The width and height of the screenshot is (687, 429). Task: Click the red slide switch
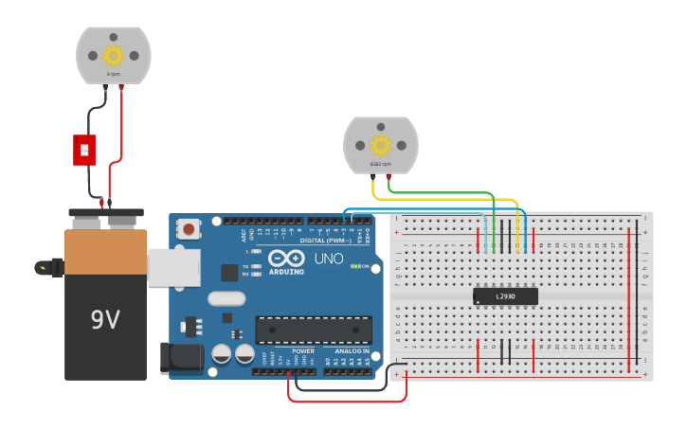coord(84,149)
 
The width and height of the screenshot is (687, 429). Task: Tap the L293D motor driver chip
coord(505,296)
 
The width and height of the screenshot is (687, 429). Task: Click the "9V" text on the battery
coord(105,320)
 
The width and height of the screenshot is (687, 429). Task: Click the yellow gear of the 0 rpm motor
coord(114,54)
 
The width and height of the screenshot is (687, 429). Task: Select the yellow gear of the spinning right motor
coord(381,144)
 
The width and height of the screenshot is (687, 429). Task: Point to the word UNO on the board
coord(328,259)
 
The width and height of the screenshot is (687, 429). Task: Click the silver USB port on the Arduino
coord(173,267)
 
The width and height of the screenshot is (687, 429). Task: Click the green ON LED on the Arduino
coord(353,266)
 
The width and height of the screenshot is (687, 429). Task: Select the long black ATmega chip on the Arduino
coord(313,330)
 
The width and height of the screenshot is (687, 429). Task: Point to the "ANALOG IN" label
coord(353,351)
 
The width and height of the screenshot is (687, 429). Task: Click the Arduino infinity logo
coord(285,258)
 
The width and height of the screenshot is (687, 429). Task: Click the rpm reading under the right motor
coord(380,164)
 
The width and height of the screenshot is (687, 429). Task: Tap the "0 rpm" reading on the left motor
coord(114,73)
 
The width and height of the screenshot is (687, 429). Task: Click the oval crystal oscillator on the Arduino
coord(227,300)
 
